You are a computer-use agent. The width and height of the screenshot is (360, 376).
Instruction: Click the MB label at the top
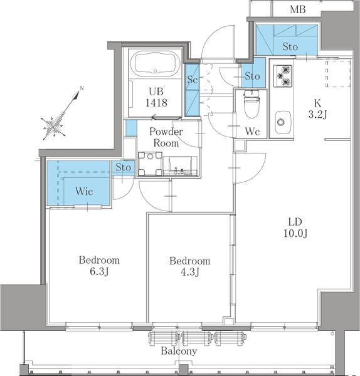point(298,9)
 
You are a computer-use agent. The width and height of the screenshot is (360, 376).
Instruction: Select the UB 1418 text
point(156,97)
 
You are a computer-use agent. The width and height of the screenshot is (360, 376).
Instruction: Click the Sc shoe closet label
point(193,80)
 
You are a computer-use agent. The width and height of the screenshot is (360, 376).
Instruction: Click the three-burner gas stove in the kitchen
point(283,76)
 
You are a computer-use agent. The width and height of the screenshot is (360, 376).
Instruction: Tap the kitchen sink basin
point(283,122)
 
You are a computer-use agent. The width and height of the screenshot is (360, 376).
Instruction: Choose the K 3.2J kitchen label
point(317,108)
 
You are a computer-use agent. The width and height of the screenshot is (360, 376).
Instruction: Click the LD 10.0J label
point(295,227)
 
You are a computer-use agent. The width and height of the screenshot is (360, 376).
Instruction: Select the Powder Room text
point(166,137)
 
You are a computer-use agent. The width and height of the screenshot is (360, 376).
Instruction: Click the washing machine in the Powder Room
point(150,164)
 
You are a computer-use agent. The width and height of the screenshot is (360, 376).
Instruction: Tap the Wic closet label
point(84,191)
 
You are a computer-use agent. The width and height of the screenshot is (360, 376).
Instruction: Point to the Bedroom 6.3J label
point(99,266)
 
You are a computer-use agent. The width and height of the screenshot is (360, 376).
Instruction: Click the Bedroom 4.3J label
point(190,266)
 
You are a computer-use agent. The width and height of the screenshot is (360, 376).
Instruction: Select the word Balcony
point(179,351)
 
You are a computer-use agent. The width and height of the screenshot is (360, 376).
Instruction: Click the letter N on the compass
point(82,88)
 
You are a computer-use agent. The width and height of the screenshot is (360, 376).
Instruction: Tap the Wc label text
point(252,132)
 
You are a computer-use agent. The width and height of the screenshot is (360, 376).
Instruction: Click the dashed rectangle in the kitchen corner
point(338,73)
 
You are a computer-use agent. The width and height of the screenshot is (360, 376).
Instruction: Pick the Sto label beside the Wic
point(124,167)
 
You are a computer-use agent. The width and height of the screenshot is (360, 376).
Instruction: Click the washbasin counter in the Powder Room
point(181,166)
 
